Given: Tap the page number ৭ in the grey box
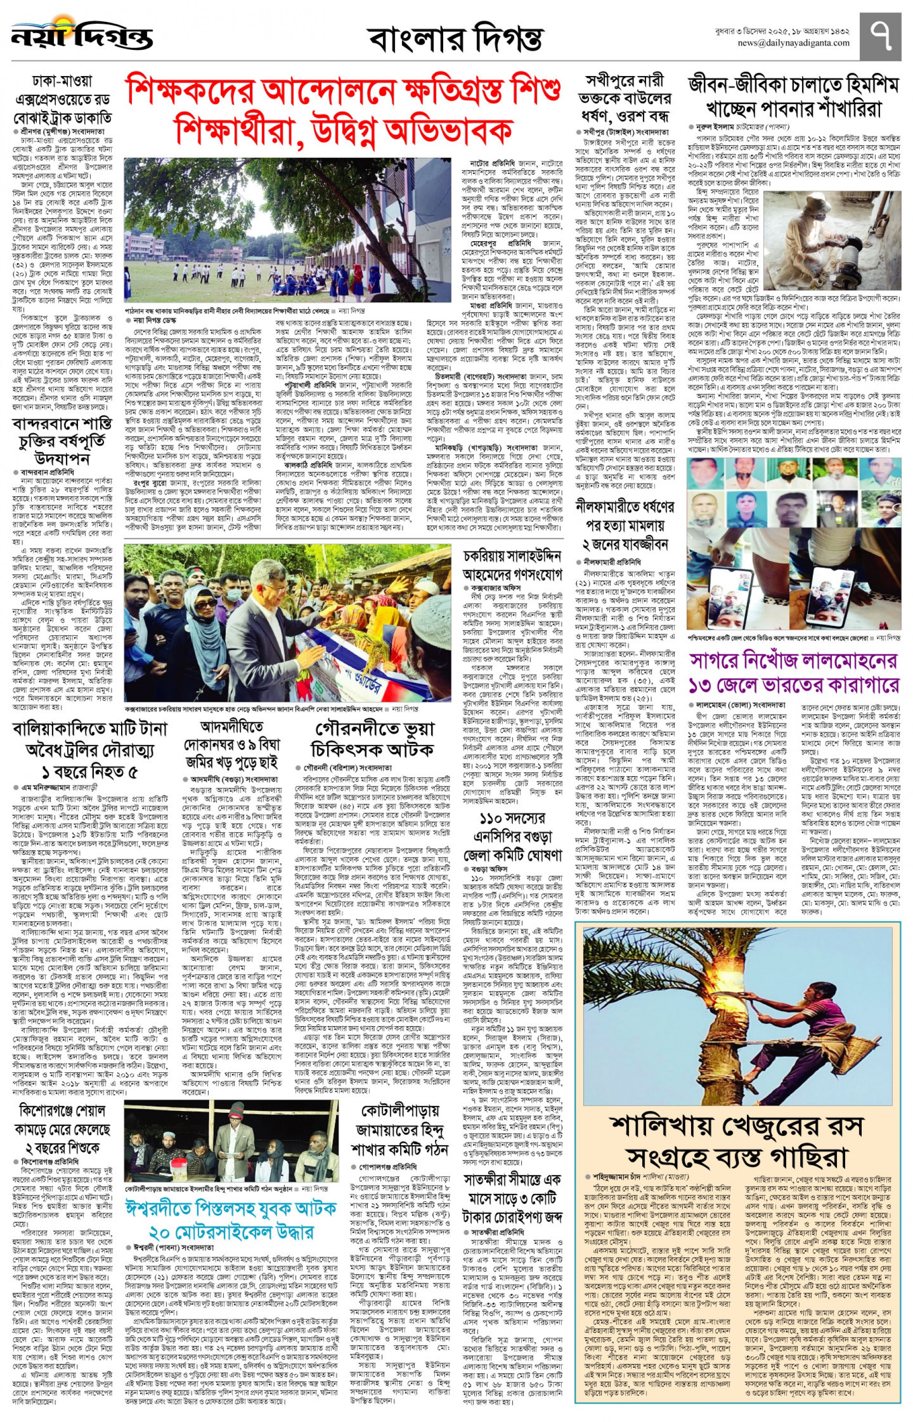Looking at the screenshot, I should [879, 35].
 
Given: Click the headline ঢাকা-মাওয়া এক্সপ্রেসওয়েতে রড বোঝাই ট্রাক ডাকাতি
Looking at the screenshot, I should [62, 100].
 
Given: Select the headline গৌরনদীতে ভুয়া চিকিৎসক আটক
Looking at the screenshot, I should [374, 739].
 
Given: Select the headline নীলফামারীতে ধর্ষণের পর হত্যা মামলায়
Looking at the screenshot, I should [625, 525].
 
